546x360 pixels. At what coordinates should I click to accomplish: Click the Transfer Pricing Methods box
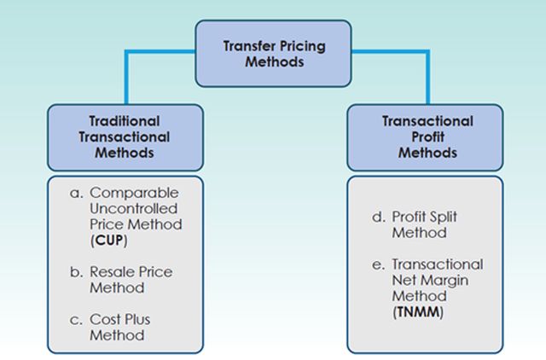273,53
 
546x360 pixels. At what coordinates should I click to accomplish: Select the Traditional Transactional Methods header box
125,137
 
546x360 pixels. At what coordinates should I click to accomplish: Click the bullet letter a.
76,194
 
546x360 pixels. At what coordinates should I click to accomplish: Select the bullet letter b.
76,273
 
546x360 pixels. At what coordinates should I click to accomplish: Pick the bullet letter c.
76,320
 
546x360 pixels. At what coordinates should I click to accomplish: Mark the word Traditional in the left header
125,121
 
